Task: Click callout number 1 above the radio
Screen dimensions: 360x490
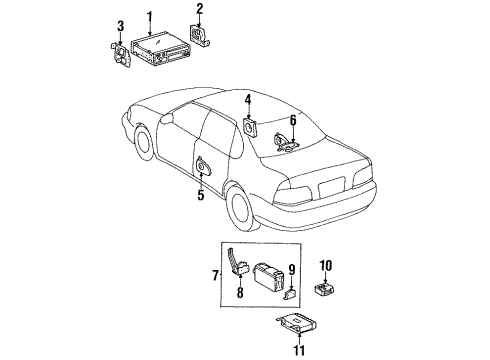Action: pos(149,17)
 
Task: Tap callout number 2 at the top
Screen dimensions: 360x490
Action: pos(199,11)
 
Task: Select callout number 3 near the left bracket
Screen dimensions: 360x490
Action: pos(120,25)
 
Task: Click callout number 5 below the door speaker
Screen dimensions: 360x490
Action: pos(200,195)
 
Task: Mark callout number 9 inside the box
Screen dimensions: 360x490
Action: pos(292,269)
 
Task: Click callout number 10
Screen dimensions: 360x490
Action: pos(326,265)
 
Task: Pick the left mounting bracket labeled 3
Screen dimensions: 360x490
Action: pos(119,52)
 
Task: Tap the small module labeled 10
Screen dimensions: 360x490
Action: pos(327,289)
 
